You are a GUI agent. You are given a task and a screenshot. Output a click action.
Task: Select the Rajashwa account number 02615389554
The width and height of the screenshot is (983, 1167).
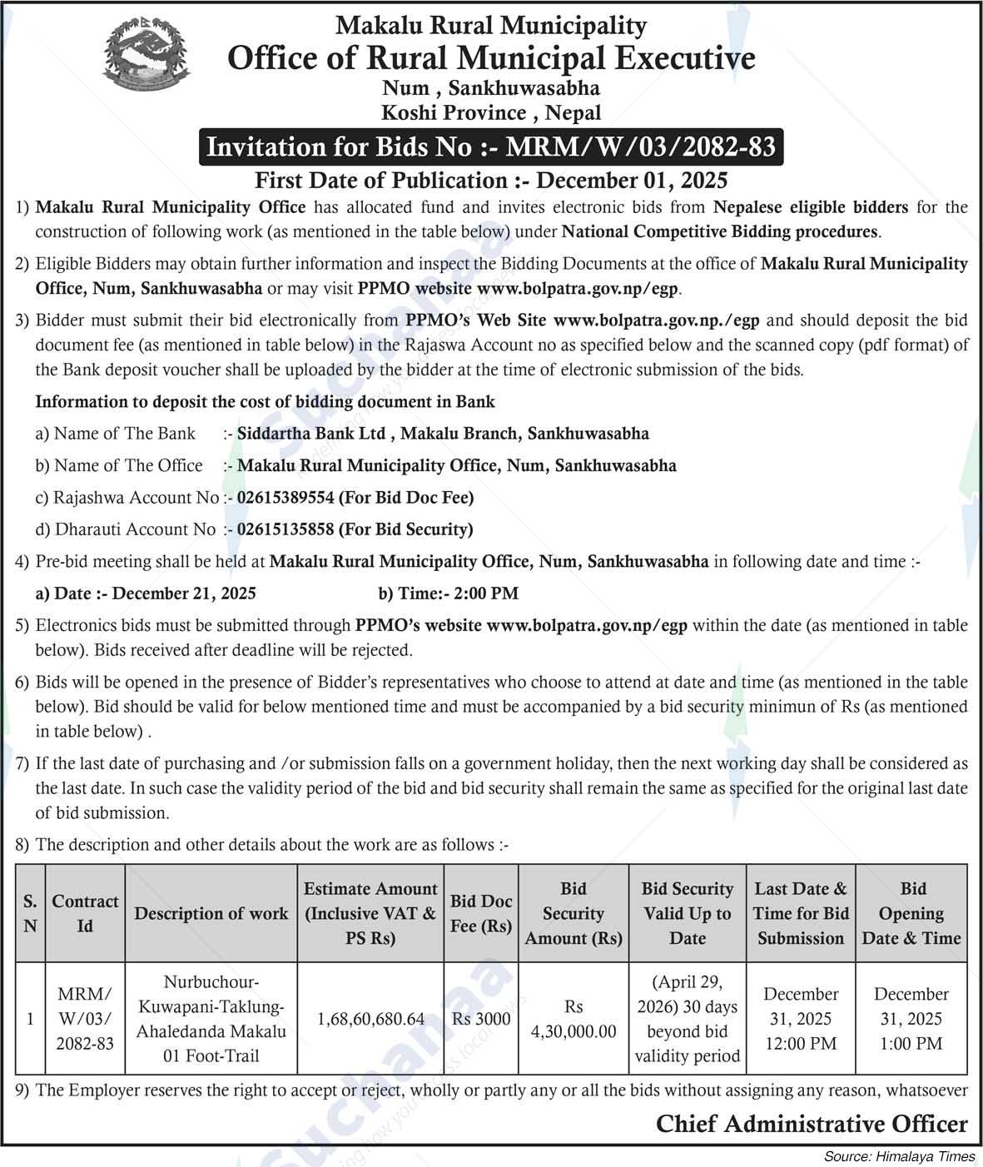click(285, 498)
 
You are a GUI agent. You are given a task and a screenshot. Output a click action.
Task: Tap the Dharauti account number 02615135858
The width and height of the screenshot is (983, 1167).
click(285, 529)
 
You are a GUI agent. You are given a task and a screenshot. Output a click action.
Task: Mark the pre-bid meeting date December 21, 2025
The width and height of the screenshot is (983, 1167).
click(183, 593)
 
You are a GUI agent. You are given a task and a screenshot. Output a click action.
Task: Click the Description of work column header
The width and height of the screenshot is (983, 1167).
click(211, 914)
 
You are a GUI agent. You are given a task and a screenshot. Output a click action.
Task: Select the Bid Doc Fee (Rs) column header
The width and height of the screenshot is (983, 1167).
click(481, 914)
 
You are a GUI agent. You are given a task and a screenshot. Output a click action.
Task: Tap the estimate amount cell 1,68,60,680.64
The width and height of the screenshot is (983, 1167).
click(371, 1019)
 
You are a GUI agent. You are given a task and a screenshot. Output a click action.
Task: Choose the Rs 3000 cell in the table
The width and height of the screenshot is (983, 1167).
click(481, 1019)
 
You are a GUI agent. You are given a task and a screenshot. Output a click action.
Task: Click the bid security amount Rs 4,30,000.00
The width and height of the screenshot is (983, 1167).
click(573, 1019)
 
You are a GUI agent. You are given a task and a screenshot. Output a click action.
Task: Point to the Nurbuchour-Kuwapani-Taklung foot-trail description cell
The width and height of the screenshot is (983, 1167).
click(211, 1019)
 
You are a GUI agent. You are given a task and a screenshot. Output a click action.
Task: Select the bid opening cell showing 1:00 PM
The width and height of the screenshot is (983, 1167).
click(911, 1019)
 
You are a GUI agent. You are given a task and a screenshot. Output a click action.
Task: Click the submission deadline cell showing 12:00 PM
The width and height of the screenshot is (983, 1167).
click(801, 1019)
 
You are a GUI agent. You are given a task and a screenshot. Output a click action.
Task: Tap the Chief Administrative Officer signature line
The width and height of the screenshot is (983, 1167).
click(812, 1125)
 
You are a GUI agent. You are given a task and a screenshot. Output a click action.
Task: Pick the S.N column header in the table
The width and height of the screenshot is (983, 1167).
click(30, 914)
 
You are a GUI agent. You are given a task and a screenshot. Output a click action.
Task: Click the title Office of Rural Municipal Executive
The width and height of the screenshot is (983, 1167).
click(491, 58)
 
